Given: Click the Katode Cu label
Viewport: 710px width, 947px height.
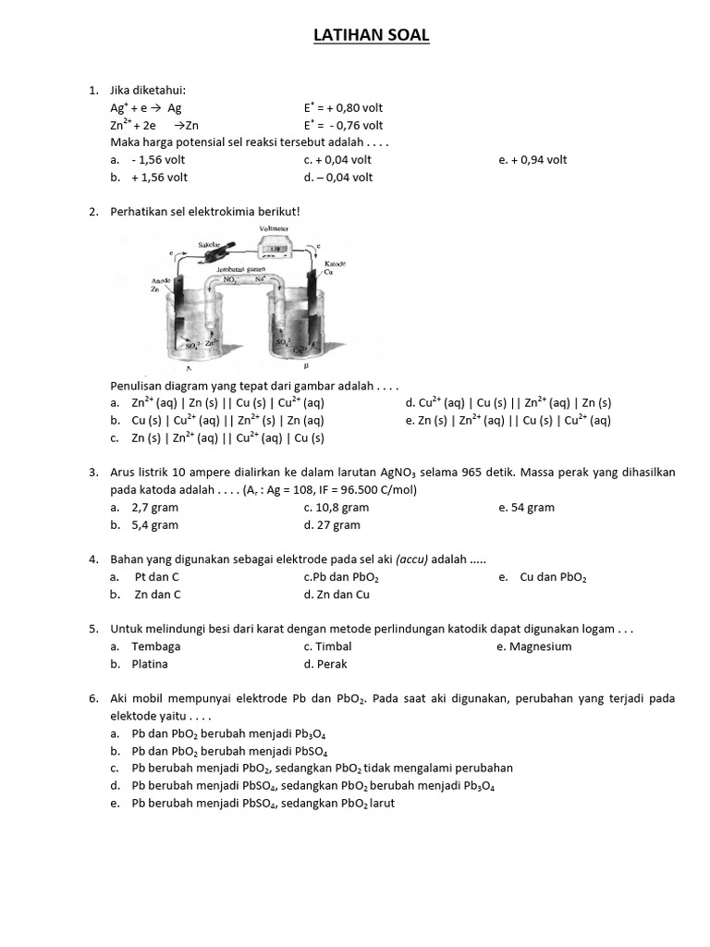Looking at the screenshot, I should (x=334, y=269).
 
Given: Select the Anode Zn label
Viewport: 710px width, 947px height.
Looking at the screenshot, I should (x=160, y=284).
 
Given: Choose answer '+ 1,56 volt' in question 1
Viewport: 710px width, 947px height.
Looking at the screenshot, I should (x=160, y=178).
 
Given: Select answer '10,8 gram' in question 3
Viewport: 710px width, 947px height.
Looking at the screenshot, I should (x=342, y=508).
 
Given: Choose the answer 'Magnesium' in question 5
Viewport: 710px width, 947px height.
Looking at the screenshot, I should (x=540, y=646).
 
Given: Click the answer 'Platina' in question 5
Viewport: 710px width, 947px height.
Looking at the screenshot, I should (x=150, y=664).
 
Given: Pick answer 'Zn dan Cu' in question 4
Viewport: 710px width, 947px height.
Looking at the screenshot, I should (x=342, y=595).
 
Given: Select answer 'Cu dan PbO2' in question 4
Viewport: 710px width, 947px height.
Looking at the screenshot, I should (x=553, y=577).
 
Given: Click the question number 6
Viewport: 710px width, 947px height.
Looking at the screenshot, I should (x=93, y=699).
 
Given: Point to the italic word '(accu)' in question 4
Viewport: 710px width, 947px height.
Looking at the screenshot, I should (x=413, y=560).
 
